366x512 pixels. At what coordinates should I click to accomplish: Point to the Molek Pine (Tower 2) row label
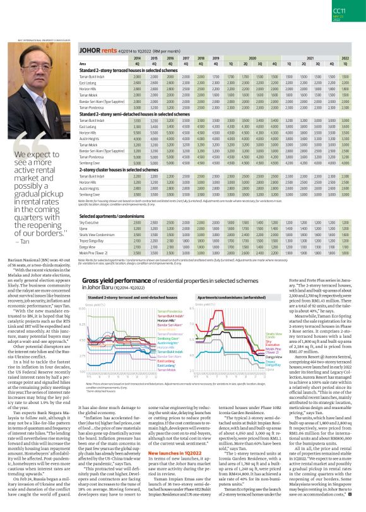[92, 251]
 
